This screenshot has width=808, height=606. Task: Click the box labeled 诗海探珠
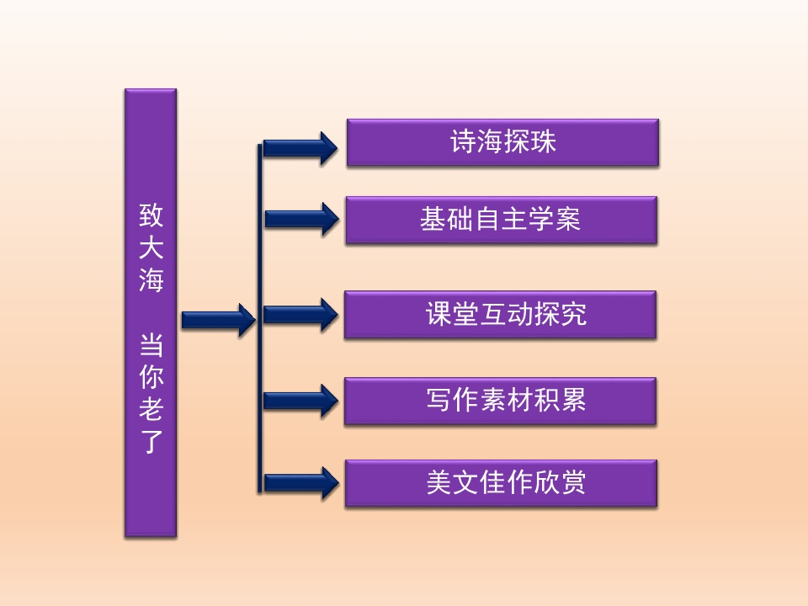(502, 142)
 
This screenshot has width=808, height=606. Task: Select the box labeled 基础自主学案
(502, 220)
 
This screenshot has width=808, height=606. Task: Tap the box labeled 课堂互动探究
(500, 315)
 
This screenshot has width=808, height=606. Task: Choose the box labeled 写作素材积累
(500, 401)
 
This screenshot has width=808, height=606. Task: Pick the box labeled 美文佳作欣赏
(501, 483)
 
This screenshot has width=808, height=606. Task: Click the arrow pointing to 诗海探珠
(300, 148)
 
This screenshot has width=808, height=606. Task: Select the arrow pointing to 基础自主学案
(302, 219)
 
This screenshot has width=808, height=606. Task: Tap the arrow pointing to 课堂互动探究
(301, 314)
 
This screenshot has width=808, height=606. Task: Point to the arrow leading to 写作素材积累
(301, 401)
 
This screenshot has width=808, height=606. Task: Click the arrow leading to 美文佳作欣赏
(302, 483)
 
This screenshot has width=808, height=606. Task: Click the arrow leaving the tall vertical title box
(219, 320)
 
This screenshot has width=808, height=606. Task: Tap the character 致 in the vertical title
(151, 215)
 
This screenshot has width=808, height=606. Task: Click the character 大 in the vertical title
(151, 247)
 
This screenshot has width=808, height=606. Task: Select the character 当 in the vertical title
(151, 345)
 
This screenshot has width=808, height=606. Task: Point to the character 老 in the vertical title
(151, 409)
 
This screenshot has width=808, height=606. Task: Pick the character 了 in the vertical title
(151, 441)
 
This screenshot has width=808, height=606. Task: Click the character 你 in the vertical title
(151, 377)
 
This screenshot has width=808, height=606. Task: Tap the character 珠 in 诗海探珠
(543, 141)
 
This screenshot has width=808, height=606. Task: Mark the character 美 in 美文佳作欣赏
(439, 482)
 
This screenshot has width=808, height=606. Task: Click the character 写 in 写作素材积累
(439, 400)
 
